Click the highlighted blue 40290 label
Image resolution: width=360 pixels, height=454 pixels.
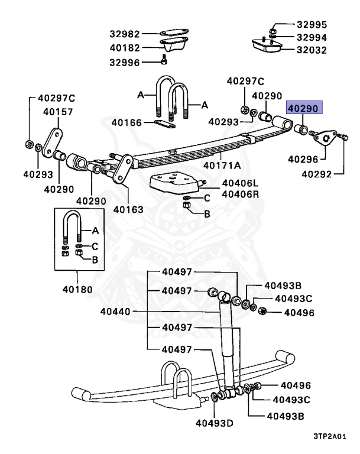[303, 108]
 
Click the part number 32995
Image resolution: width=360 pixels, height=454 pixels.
[311, 25]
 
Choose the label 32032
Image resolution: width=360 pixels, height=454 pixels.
[311, 50]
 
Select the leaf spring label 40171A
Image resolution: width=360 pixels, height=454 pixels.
[222, 166]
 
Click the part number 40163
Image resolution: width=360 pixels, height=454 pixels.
[128, 209]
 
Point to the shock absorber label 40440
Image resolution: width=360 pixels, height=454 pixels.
[116, 312]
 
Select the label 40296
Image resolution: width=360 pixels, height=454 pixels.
[304, 159]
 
